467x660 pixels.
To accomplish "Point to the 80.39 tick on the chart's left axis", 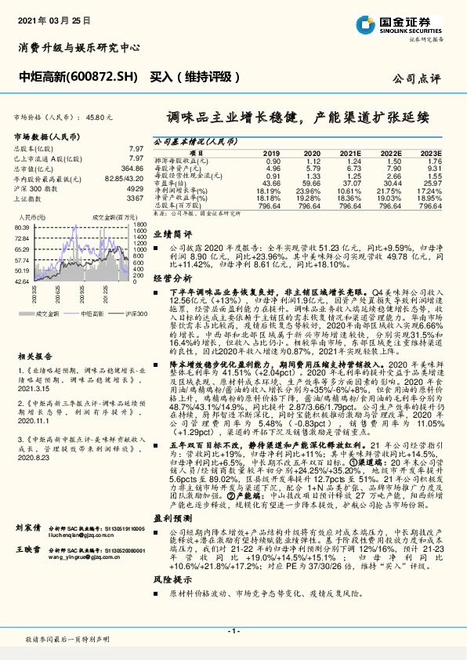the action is pyautogui.click(x=21, y=227).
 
